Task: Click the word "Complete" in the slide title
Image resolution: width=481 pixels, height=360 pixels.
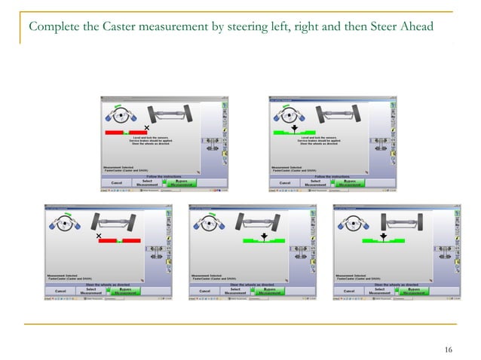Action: [49, 28]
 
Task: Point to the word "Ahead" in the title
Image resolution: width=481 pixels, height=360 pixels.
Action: [414, 28]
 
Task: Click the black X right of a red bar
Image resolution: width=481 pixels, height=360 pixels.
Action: [147, 127]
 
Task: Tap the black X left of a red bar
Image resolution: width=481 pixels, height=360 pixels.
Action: [99, 236]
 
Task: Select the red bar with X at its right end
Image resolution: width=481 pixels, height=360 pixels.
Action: [125, 132]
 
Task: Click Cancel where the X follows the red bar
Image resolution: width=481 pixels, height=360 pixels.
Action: [117, 182]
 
